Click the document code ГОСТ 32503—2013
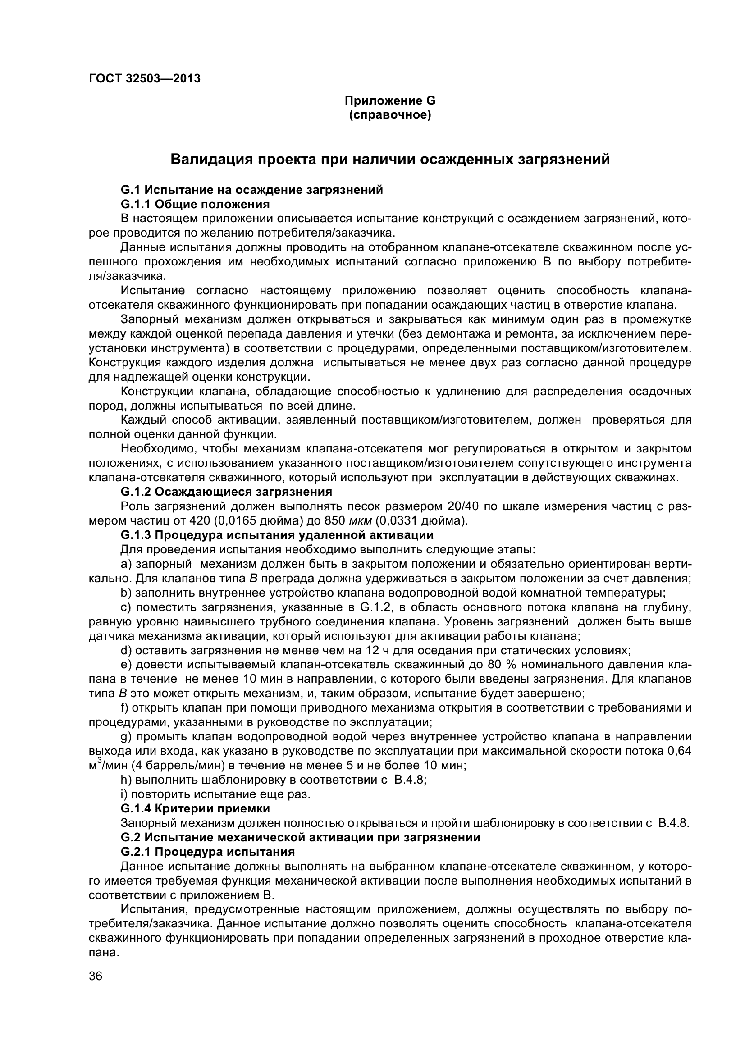coord(144,78)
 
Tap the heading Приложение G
coord(390,100)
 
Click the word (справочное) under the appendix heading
coord(390,115)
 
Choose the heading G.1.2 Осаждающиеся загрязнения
coord(226,492)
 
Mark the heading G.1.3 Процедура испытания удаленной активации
coord(277,535)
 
